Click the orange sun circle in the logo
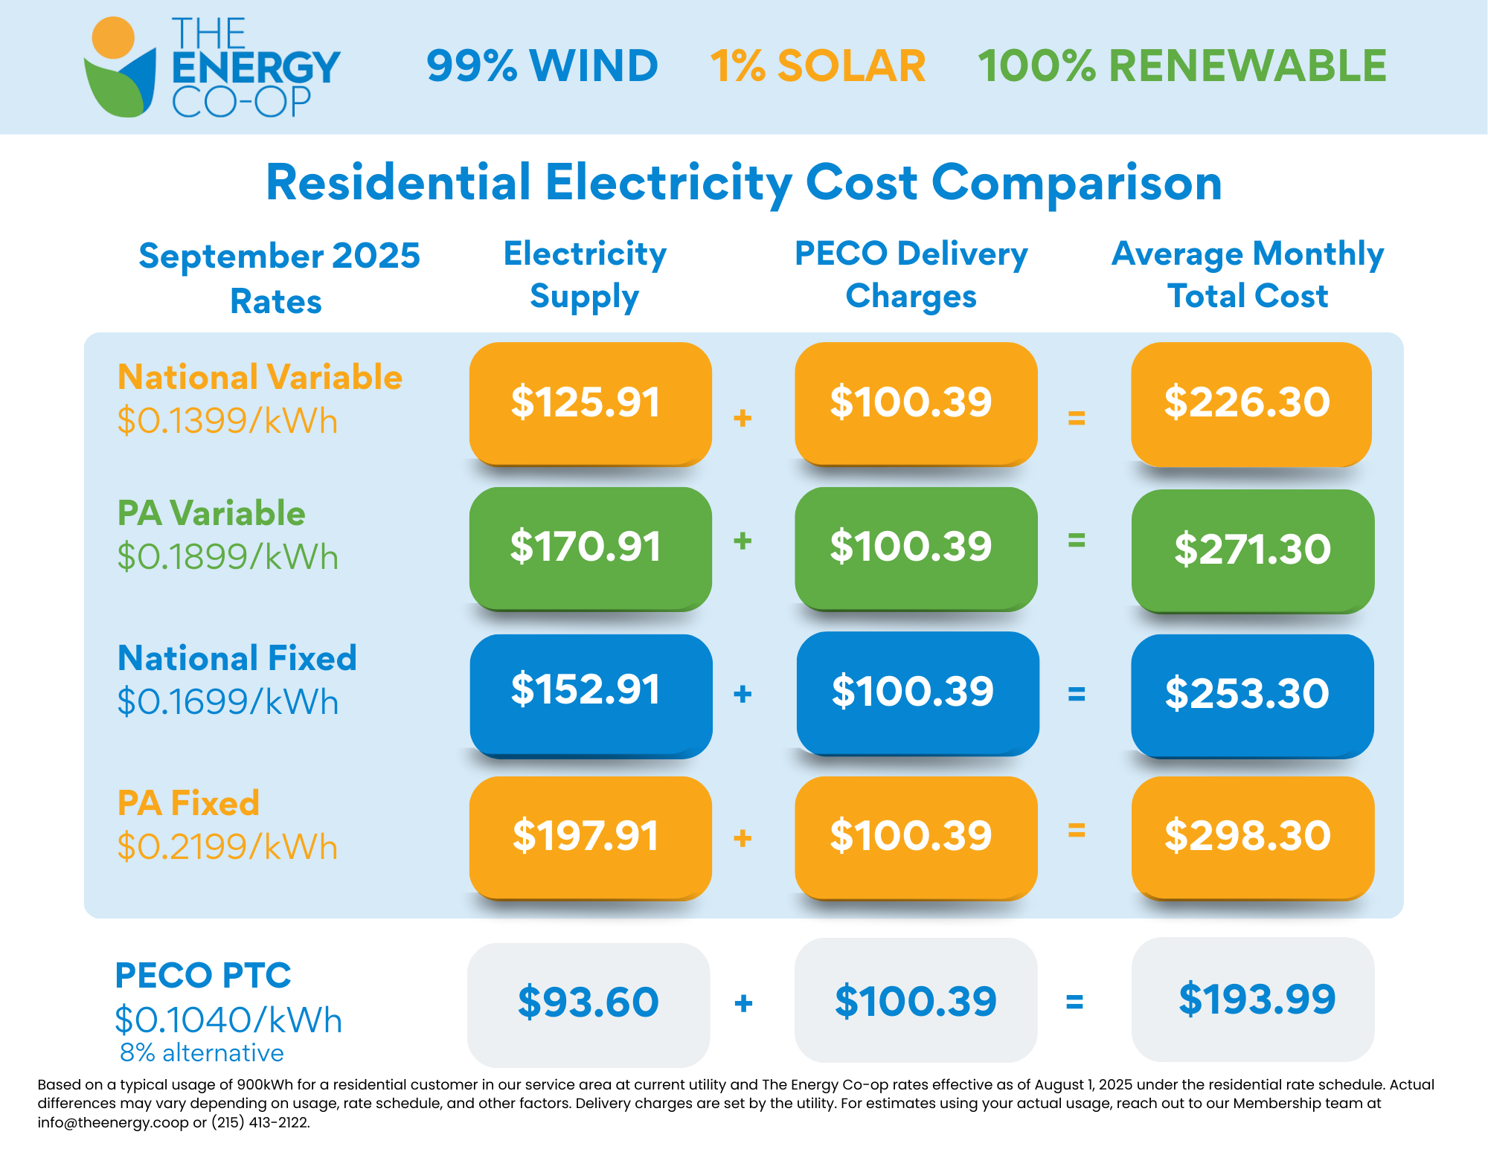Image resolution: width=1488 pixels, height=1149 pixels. tap(112, 37)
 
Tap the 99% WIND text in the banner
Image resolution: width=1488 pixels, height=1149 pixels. tap(542, 65)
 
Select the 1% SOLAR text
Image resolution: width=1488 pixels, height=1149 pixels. tap(818, 65)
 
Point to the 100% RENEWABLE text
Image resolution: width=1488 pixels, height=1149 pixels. tap(1181, 65)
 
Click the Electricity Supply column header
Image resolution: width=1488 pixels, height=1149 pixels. tap(585, 275)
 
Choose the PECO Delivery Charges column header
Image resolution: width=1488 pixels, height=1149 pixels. tap(911, 275)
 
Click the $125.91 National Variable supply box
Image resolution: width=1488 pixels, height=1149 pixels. tap(590, 403)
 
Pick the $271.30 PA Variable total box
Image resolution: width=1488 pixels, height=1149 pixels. tap(1252, 550)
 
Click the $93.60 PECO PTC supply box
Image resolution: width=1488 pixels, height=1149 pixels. tap(589, 1002)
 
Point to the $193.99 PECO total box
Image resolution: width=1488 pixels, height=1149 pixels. tap(1253, 999)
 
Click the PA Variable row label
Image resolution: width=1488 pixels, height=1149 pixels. tap(211, 513)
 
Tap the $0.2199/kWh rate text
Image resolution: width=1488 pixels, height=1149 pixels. tap(228, 847)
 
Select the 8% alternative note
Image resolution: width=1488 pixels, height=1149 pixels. tap(202, 1053)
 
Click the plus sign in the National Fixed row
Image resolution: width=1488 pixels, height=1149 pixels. tap(743, 694)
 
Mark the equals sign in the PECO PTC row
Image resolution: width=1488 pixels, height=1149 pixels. tap(1074, 1002)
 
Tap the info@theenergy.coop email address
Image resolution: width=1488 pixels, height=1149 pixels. tap(112, 1122)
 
